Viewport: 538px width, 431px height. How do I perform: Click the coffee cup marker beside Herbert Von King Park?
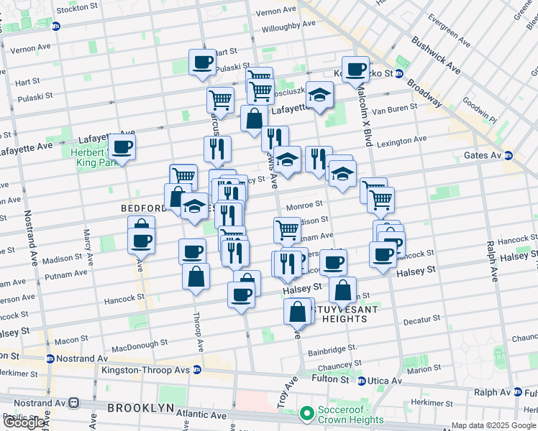point(122,148)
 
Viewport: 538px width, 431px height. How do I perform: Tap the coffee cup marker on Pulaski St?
point(203,62)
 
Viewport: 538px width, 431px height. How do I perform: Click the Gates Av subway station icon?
point(508,155)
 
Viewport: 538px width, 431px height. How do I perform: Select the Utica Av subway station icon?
point(362,381)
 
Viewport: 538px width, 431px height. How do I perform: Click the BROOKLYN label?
point(140,407)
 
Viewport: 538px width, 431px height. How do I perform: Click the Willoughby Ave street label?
point(288,23)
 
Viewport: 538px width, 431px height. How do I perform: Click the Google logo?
point(24,422)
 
